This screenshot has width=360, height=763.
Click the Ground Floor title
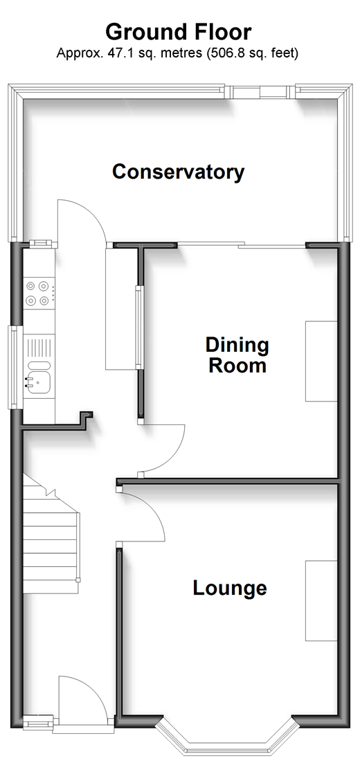pos(179,32)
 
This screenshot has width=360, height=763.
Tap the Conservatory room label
pos(179,172)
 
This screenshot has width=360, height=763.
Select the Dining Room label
pos(237,355)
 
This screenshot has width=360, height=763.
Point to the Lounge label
pos(230,588)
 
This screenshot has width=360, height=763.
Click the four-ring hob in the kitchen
pos(38,294)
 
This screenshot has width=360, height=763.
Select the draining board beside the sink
pos(38,350)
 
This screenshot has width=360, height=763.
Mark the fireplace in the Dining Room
pos(321,361)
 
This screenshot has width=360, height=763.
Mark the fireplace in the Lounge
pos(321,600)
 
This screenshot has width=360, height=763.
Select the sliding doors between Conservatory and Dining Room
pos(242,245)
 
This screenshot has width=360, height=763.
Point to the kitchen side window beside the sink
pos(14,368)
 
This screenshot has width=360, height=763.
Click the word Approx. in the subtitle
pos(75,53)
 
